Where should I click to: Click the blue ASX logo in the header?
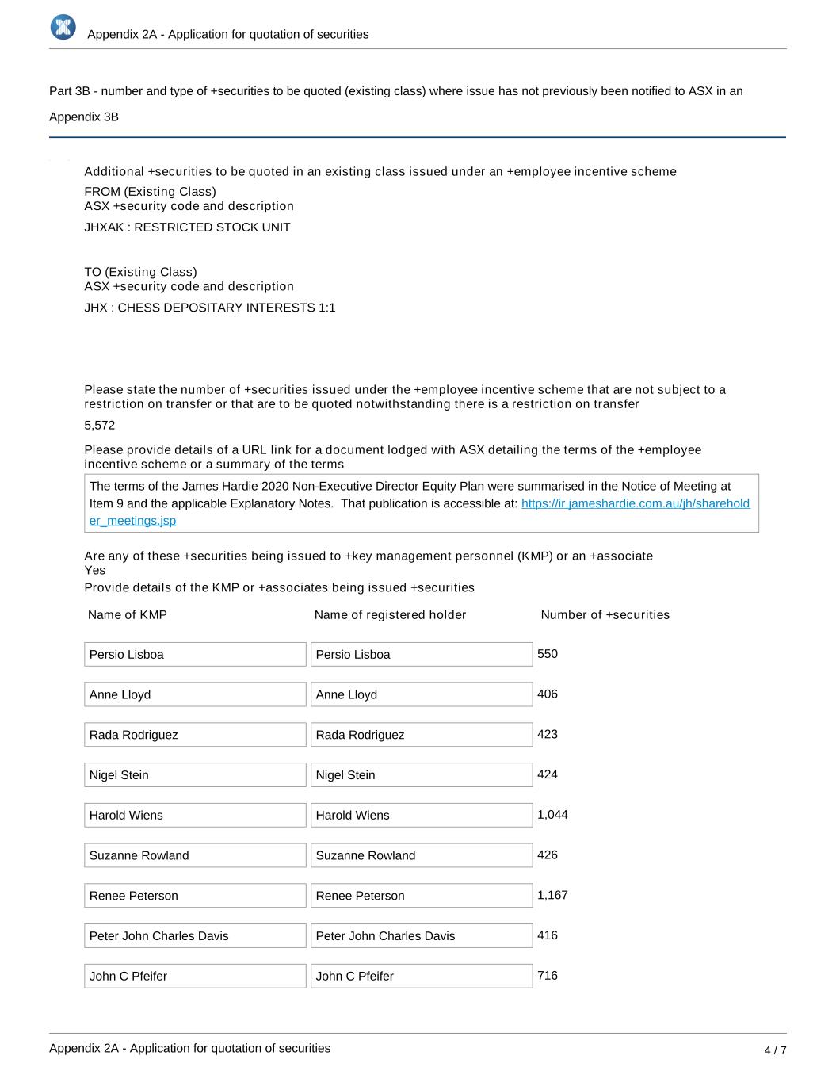(x=63, y=27)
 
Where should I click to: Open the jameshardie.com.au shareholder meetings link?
(x=635, y=503)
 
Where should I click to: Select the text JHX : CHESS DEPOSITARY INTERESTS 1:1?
(x=210, y=308)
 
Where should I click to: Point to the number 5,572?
(x=100, y=426)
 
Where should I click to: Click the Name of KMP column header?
(x=128, y=615)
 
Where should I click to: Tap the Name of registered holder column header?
(x=390, y=615)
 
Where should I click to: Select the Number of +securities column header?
(x=605, y=615)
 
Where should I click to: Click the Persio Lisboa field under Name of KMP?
(x=195, y=655)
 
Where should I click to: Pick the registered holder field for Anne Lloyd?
(x=421, y=694)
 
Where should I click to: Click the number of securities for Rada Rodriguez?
(x=548, y=734)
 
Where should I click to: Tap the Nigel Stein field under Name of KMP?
(x=195, y=775)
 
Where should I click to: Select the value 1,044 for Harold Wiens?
(x=552, y=815)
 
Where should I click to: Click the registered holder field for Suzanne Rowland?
(x=421, y=855)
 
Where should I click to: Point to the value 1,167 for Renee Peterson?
(x=552, y=895)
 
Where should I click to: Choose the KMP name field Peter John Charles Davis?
(x=195, y=936)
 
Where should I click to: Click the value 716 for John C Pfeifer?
(x=548, y=976)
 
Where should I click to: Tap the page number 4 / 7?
(x=775, y=1050)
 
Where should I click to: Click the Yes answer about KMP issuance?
(x=95, y=570)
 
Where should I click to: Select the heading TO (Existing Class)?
(x=140, y=272)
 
